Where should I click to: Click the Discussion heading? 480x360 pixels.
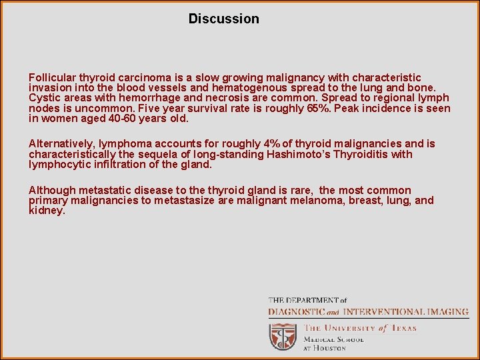[223, 19]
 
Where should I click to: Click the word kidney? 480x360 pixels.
[46, 210]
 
